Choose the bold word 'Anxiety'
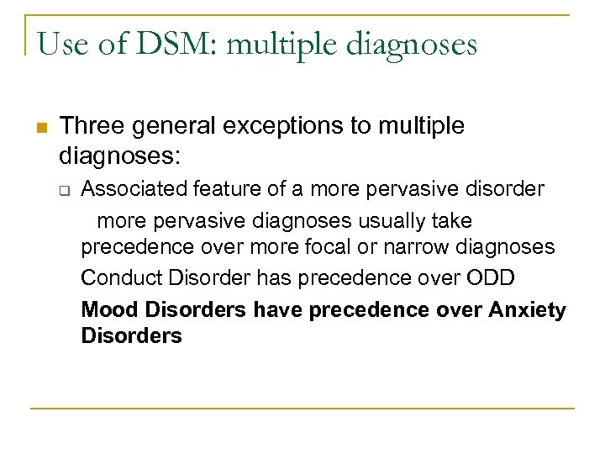527,310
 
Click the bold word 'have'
278,310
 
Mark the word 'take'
454,221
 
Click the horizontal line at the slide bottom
302,409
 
